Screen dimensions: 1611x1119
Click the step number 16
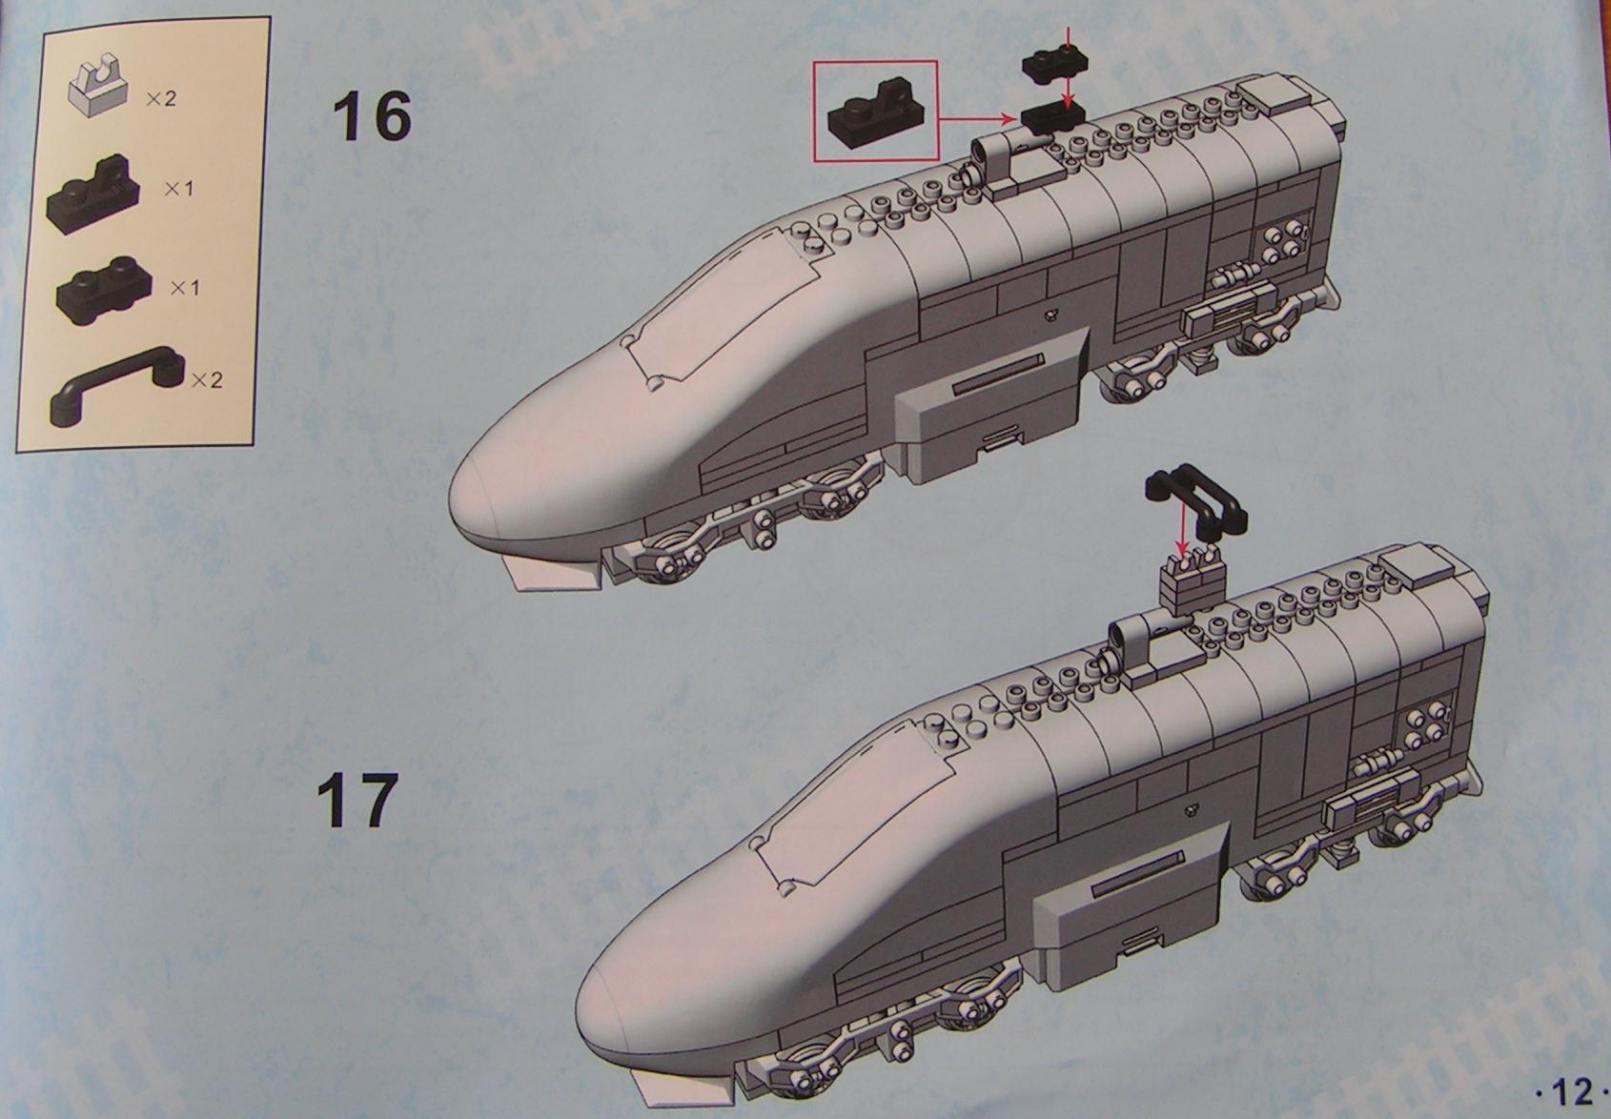pyautogui.click(x=372, y=118)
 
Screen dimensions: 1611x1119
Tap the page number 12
pyautogui.click(x=1573, y=1092)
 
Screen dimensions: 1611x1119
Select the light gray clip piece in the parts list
pyautogui.click(x=98, y=89)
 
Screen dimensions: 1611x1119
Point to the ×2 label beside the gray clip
pyautogui.click(x=160, y=98)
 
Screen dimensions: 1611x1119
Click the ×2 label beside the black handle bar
pyautogui.click(x=207, y=379)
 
